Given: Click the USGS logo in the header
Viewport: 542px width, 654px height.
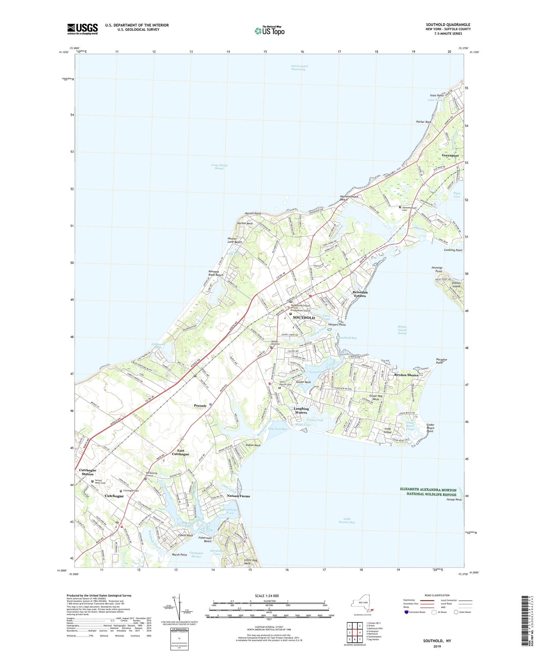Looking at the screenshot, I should pyautogui.click(x=82, y=29).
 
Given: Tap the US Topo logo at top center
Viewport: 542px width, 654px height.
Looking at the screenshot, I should pyautogui.click(x=269, y=31).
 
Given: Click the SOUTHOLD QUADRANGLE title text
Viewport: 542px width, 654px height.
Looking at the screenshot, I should pyautogui.click(x=448, y=25).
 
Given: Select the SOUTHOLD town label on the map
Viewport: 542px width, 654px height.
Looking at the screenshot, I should pyautogui.click(x=303, y=318).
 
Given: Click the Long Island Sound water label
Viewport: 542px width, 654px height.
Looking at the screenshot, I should pyautogui.click(x=219, y=167).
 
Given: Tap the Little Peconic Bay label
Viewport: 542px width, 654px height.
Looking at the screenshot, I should pyautogui.click(x=347, y=521).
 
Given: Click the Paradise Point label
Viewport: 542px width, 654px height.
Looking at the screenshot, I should pyautogui.click(x=441, y=361).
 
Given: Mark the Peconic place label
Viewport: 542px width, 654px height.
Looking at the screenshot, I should pyautogui.click(x=200, y=406).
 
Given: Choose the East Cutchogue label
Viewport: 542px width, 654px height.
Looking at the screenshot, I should pyautogui.click(x=180, y=452).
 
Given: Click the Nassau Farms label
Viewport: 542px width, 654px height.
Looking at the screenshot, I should pyautogui.click(x=238, y=496).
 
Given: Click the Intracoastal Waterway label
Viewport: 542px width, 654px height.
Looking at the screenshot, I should pyautogui.click(x=299, y=68).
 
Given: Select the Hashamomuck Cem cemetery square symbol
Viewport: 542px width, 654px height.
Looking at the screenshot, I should pyautogui.click(x=400, y=207).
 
